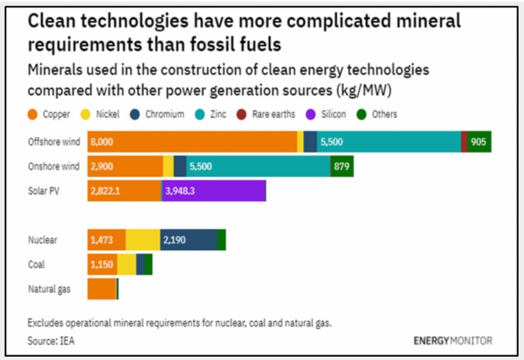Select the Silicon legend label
click(334, 115)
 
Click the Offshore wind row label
click(54, 142)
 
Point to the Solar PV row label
click(43, 191)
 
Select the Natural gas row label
click(49, 288)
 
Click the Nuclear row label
click(42, 240)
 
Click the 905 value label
click(479, 142)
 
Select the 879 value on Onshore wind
click(341, 166)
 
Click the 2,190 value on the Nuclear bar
click(175, 240)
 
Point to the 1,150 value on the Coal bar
click(102, 265)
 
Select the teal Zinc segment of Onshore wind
click(273, 166)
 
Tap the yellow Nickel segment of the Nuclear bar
click(143, 240)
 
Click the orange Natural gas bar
click(102, 288)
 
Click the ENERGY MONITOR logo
click(452, 340)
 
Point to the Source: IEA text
click(51, 340)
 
